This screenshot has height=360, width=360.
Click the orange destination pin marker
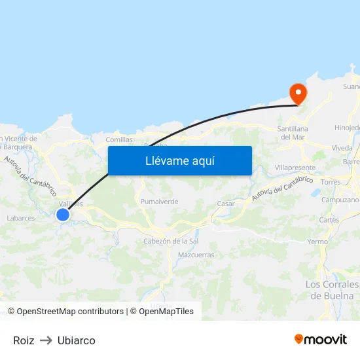(x=298, y=93)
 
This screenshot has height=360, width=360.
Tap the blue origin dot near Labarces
(x=63, y=215)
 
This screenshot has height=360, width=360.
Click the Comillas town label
(x=119, y=139)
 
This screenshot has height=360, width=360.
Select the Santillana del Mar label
(x=293, y=133)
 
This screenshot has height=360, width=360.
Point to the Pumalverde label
(x=159, y=202)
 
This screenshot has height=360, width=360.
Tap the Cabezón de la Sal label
(x=171, y=241)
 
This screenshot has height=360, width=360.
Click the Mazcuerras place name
(x=196, y=254)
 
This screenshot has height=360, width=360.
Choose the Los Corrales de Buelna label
(x=333, y=289)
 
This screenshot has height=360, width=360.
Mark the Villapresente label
(x=295, y=168)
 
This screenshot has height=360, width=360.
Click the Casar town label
(x=226, y=204)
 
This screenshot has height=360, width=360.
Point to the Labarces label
(x=20, y=218)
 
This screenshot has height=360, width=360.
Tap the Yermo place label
(x=317, y=242)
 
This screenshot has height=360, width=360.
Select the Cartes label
(x=329, y=220)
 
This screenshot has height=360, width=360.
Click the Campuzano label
(x=340, y=200)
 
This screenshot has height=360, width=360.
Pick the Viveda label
(x=341, y=148)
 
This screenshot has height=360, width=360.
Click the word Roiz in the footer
(x=24, y=340)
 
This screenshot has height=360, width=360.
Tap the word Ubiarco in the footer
(x=77, y=340)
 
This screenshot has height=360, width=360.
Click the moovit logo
(x=321, y=339)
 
